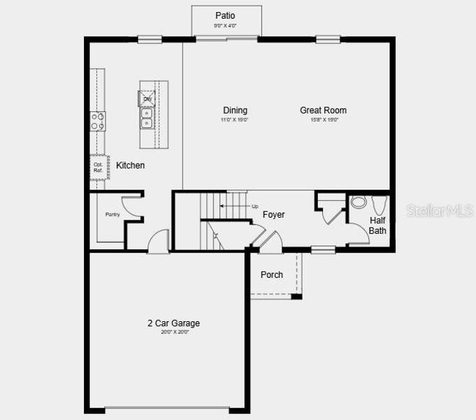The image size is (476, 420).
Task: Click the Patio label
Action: pos(225,15)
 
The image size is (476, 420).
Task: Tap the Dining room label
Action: pos(235,110)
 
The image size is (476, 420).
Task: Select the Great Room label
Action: pos(323,110)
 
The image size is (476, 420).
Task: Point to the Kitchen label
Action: pos(130,165)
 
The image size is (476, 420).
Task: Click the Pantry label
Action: pos(112,214)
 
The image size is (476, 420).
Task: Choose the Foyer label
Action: pos(273,214)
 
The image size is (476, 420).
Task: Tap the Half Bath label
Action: pos(377,225)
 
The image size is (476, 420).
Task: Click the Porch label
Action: pos(272,274)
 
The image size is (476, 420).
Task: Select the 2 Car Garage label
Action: pos(173,323)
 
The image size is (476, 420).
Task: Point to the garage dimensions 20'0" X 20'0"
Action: pos(173,332)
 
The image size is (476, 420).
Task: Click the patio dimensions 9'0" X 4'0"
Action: pos(225,26)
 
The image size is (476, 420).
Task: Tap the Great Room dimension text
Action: pos(324,120)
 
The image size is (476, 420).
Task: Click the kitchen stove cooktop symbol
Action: pos(97,121)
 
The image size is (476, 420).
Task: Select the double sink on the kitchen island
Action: pos(147,118)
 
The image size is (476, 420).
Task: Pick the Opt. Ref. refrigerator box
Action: pos(98,168)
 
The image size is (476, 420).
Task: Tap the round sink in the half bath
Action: pos(359,202)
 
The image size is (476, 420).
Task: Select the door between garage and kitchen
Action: pos(158,241)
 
